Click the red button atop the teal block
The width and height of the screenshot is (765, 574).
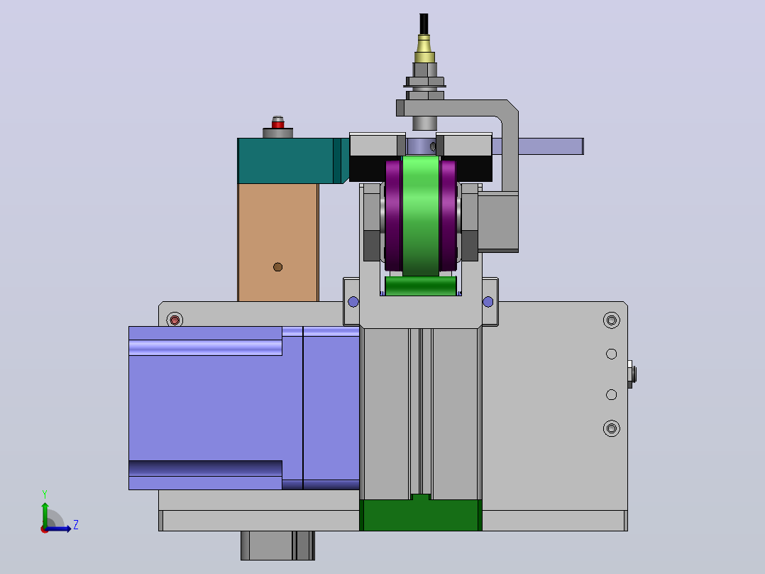point(277,124)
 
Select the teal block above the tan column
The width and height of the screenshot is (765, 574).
point(292,161)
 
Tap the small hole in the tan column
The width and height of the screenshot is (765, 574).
point(277,266)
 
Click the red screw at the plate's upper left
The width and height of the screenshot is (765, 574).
point(175,320)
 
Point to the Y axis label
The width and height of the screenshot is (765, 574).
point(45,494)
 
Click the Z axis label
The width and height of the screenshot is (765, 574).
point(76,525)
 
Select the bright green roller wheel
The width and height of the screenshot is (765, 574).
point(421,215)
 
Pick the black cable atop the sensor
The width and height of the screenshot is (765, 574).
point(424,24)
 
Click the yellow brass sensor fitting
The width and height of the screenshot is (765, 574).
point(424,49)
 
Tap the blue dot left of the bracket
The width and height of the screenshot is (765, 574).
point(353,302)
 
